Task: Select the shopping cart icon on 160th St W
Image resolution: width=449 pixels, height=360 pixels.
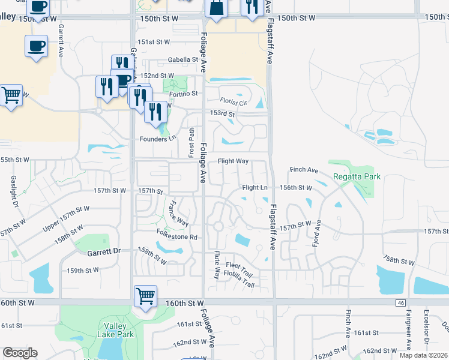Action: coord(145,296)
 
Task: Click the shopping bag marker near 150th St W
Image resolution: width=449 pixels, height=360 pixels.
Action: coord(217,8)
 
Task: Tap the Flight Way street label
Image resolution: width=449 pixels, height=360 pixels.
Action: coord(233,161)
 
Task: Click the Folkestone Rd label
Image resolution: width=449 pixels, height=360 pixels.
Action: coord(177,237)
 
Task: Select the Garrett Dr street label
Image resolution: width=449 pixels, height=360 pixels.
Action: coord(104,251)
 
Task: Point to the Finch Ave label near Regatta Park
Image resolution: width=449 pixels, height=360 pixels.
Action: coord(303,170)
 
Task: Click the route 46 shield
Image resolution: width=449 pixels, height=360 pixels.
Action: coord(400,304)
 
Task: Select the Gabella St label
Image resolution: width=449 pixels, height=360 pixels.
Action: coord(183,60)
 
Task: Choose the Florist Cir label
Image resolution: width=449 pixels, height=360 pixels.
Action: coord(234,103)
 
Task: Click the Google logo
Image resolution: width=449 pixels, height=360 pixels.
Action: coord(20,353)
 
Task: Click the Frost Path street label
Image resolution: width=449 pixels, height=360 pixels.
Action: coord(191,142)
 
